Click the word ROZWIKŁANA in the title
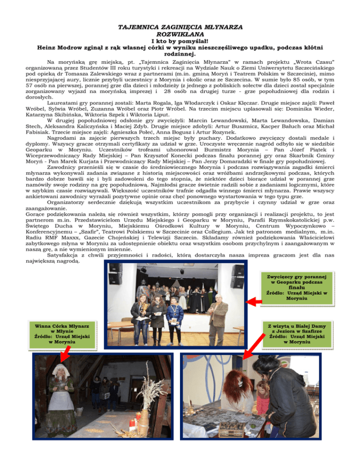point(180,34)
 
